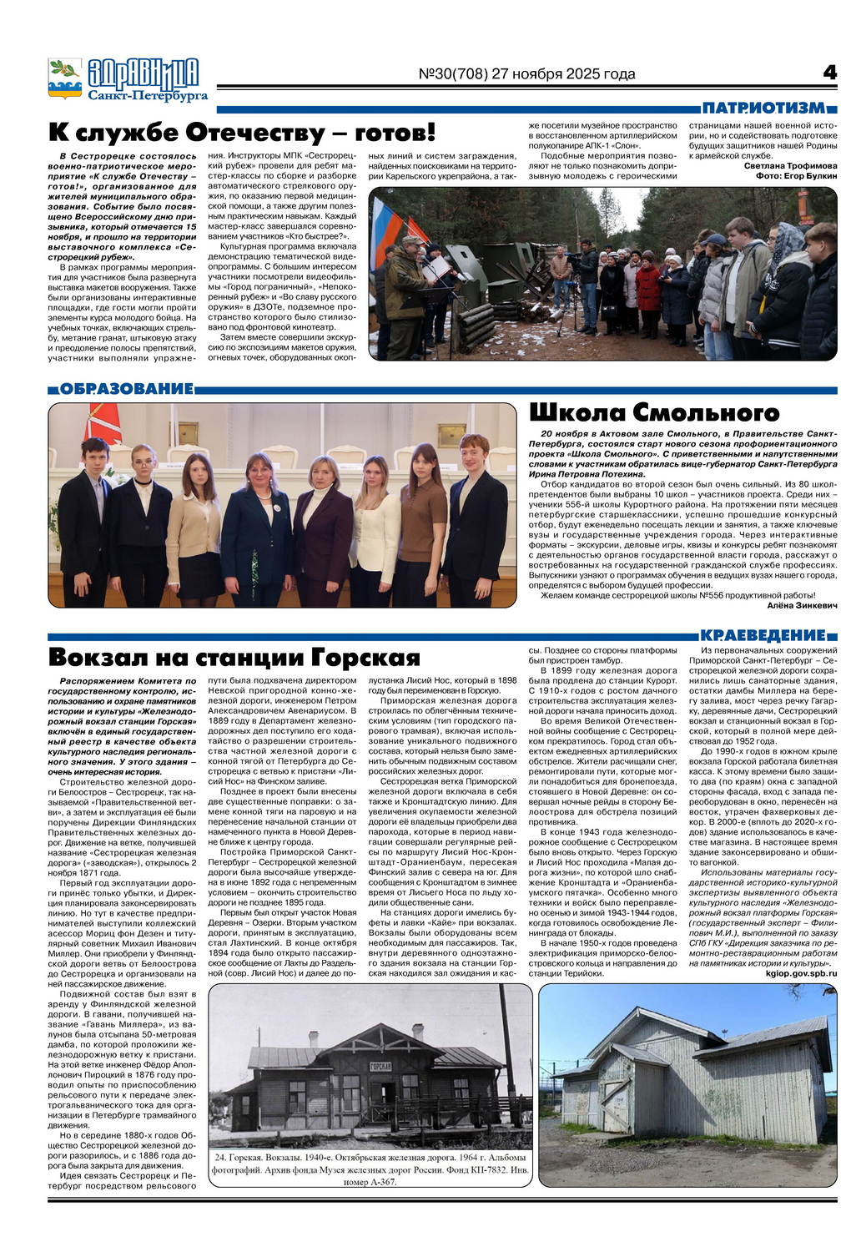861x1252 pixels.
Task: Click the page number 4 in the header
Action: pos(828,73)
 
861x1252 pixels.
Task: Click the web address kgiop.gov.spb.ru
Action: pos(800,973)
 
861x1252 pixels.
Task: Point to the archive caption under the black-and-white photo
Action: pos(370,1169)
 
